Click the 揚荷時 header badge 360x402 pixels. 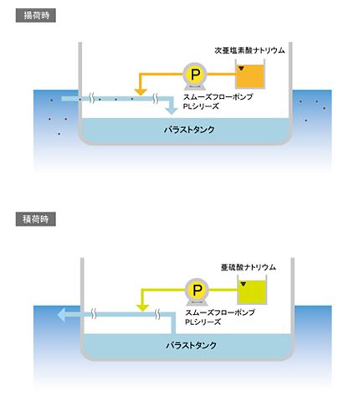(x=36, y=15)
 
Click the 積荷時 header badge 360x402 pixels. (x=36, y=219)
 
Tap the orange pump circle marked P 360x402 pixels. (x=195, y=74)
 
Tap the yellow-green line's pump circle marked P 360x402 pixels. (x=197, y=290)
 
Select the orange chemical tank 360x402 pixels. (x=250, y=76)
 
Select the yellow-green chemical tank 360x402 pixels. (x=252, y=292)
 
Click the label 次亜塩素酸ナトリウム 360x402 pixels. (x=249, y=50)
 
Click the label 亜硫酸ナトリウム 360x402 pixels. (x=248, y=267)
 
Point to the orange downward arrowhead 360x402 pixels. (x=141, y=92)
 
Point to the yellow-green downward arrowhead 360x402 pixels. (x=142, y=308)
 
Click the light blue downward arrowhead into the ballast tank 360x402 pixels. (x=171, y=110)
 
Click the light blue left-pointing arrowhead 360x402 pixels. (x=62, y=315)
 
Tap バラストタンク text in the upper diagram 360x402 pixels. (x=189, y=130)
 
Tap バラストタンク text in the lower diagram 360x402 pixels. (x=191, y=345)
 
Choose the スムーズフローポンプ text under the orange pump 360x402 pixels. (x=218, y=97)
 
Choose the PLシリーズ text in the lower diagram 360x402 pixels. (x=203, y=322)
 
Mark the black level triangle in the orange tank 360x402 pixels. (x=241, y=68)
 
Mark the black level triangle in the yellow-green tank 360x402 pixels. (x=244, y=284)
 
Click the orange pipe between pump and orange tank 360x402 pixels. (x=221, y=74)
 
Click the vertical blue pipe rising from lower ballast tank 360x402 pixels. (x=173, y=325)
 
